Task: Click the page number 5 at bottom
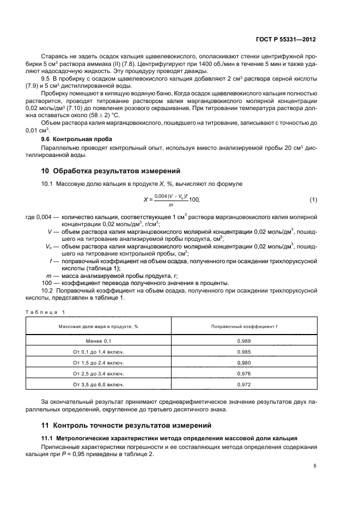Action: pyautogui.click(x=315, y=466)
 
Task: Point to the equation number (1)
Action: pyautogui.click(x=313, y=200)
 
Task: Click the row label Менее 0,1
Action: pyautogui.click(x=99, y=341)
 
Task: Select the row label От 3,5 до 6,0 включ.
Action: pyautogui.click(x=99, y=385)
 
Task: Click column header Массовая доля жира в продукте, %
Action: pyautogui.click(x=99, y=326)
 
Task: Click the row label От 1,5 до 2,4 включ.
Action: pyautogui.click(x=99, y=362)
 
